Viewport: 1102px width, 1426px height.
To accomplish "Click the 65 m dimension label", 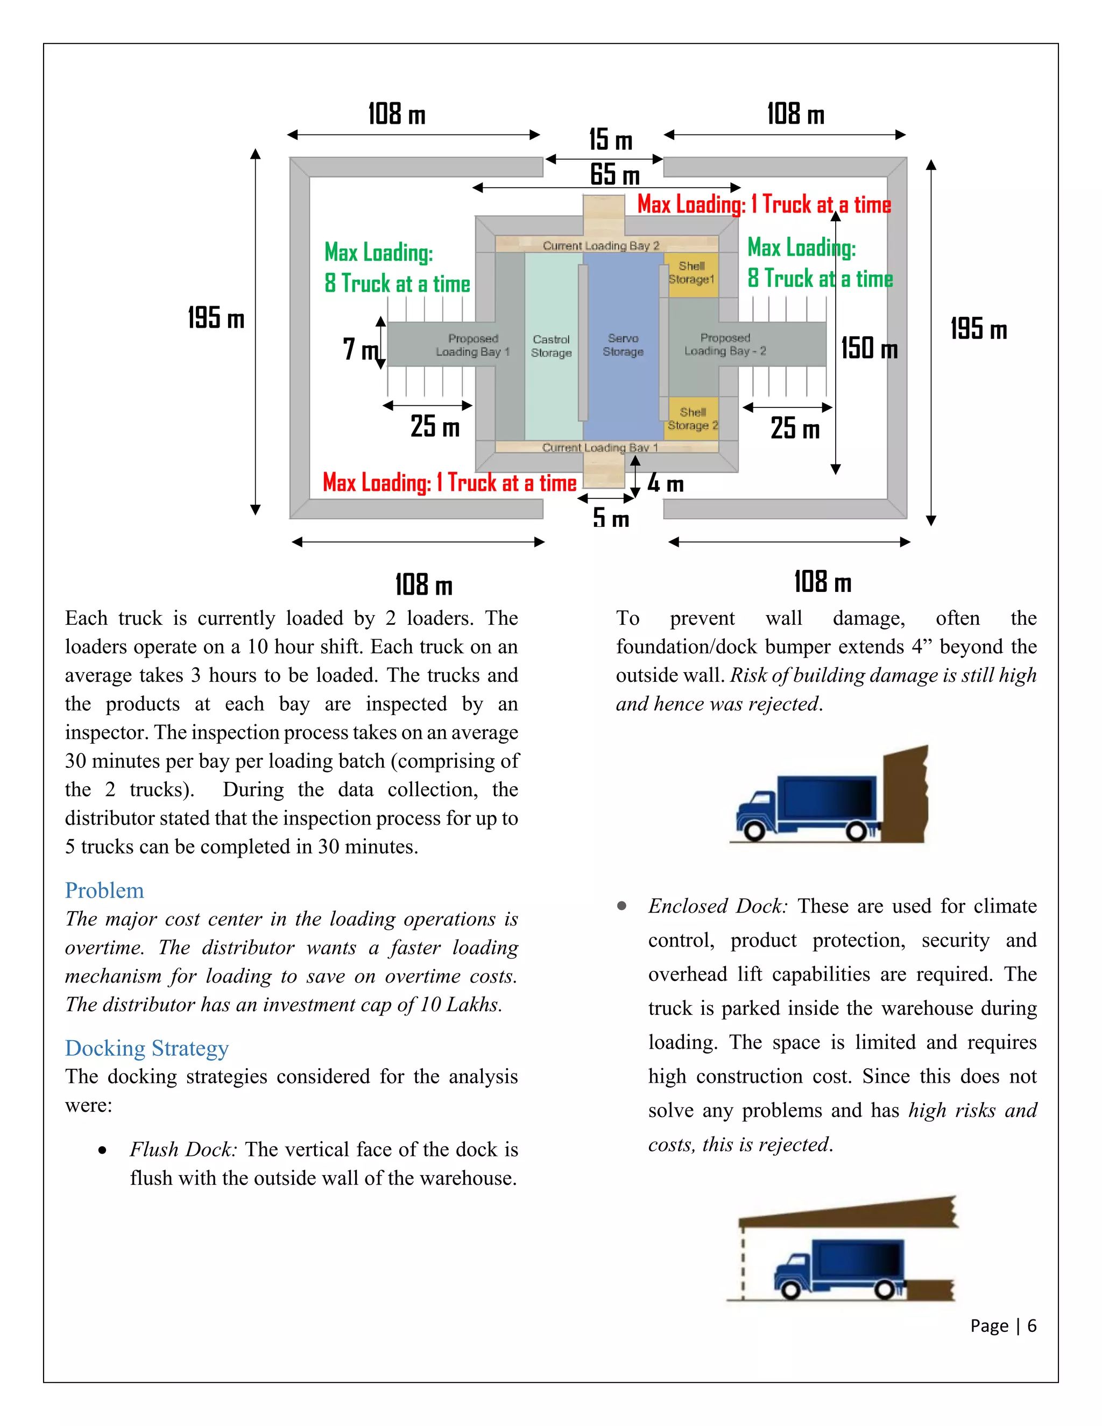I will tap(614, 175).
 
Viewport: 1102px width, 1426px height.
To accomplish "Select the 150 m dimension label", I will tap(869, 348).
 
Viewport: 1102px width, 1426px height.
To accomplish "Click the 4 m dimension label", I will tap(665, 483).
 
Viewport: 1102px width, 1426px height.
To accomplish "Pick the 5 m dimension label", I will tap(610, 518).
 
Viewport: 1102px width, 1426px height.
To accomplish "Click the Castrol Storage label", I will tap(551, 346).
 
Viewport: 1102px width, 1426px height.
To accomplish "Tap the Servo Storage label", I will tap(623, 345).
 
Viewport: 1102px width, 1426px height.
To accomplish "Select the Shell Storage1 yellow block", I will tap(692, 273).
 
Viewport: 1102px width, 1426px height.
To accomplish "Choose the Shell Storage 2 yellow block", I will tap(693, 419).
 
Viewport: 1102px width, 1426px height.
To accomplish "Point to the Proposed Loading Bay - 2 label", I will tap(725, 344).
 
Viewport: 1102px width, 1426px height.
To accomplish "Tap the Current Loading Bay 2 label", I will tap(601, 245).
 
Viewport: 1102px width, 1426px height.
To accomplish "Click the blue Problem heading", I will tap(104, 891).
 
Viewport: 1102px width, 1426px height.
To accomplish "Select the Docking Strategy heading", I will tap(147, 1048).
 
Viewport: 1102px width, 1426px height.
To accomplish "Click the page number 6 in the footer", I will tap(1032, 1325).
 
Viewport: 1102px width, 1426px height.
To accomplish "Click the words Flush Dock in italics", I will tap(183, 1149).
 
